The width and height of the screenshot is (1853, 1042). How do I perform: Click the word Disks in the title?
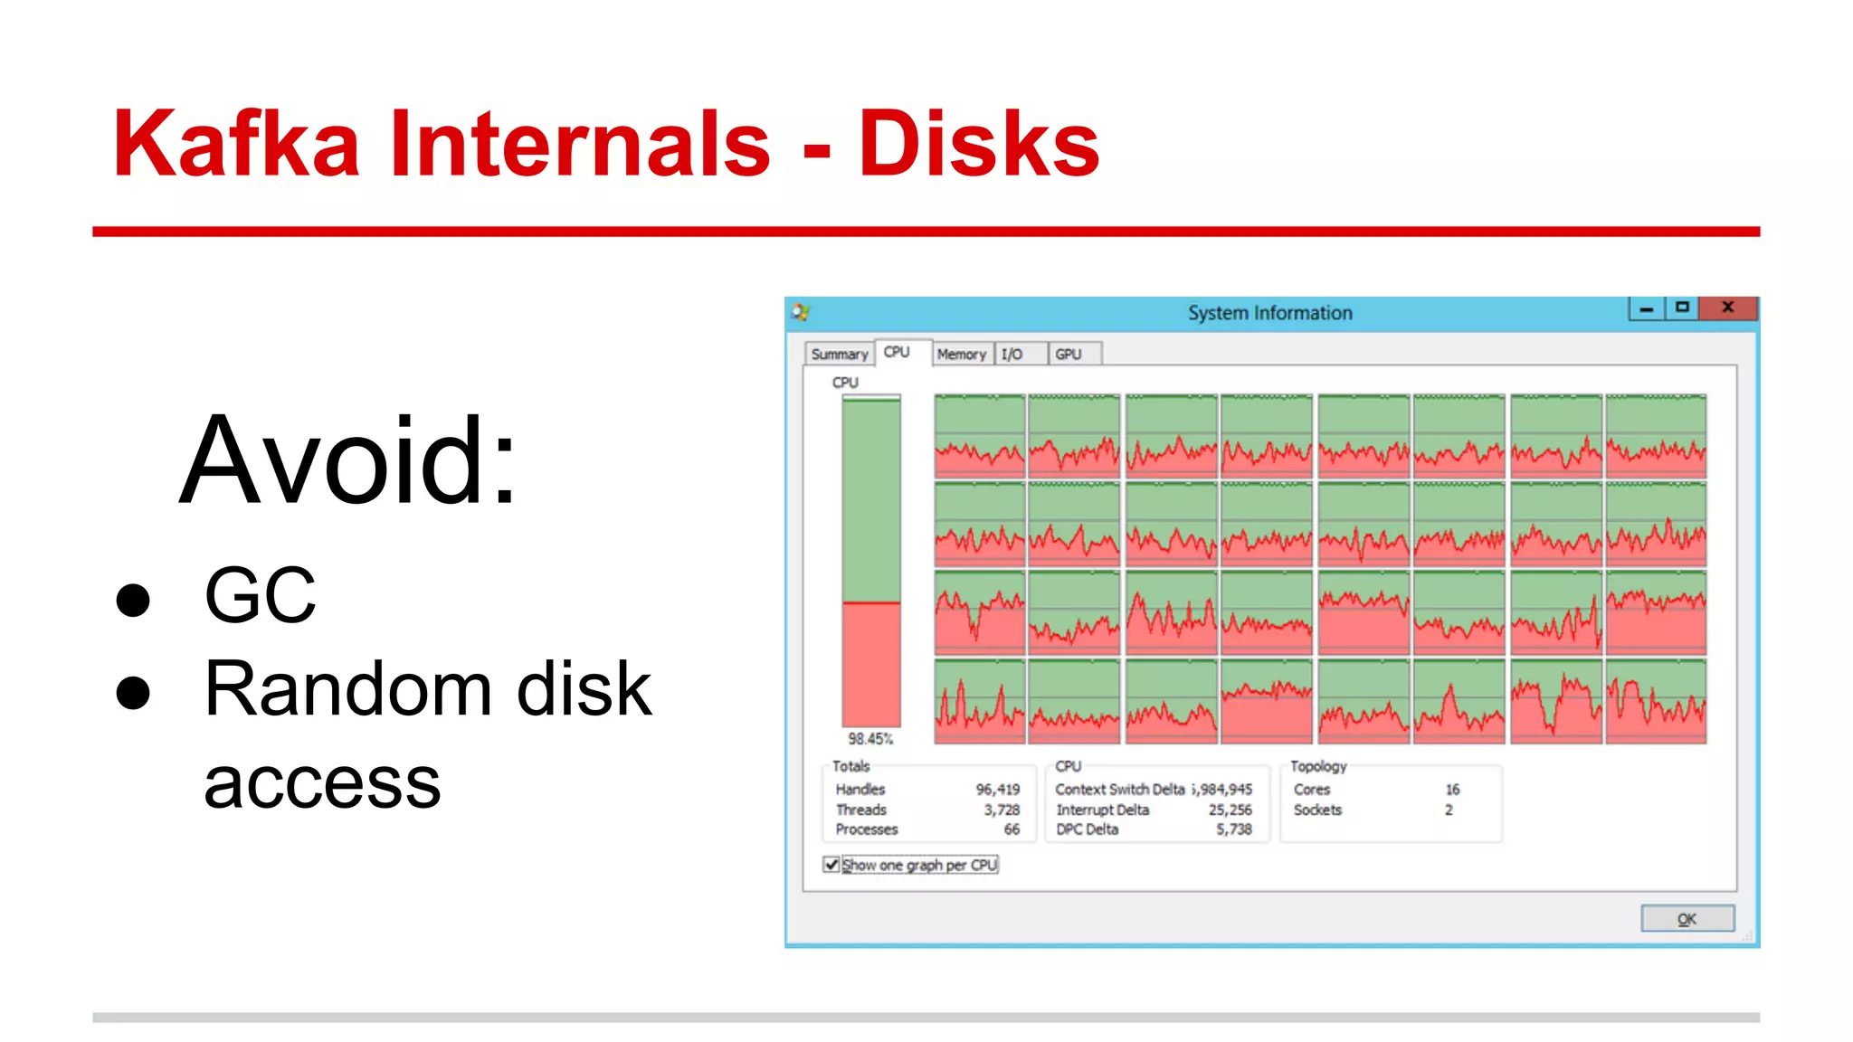978,145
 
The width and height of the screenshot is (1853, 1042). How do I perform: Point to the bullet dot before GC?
133,600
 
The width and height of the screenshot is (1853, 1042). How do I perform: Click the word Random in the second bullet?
348,689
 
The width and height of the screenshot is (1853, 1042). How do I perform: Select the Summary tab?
839,355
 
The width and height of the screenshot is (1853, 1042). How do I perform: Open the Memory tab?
961,355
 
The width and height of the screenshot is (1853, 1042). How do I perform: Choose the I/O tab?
1012,355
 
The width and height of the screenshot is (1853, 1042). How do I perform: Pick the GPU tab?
1068,355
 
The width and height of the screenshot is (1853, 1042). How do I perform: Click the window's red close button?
1727,308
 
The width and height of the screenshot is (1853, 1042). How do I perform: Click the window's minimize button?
1646,308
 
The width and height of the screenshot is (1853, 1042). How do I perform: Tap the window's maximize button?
1682,308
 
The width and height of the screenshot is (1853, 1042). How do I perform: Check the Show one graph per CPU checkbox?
831,865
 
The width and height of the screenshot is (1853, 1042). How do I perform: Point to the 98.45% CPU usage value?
870,739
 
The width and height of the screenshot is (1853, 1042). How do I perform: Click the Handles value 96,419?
997,790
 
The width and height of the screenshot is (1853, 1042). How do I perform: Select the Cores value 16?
1452,790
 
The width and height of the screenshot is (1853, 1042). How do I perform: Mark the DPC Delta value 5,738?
1233,829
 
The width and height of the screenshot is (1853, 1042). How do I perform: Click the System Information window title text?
1269,313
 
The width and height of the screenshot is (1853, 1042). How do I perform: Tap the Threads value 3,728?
1002,810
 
